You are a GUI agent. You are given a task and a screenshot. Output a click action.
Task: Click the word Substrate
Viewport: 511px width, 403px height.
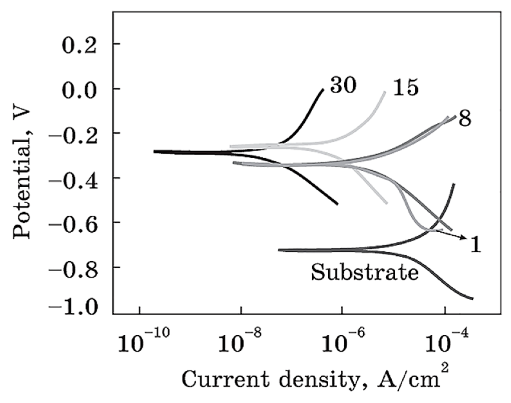365,273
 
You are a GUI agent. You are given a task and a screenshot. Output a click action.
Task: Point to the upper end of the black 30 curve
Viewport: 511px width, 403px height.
323,89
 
